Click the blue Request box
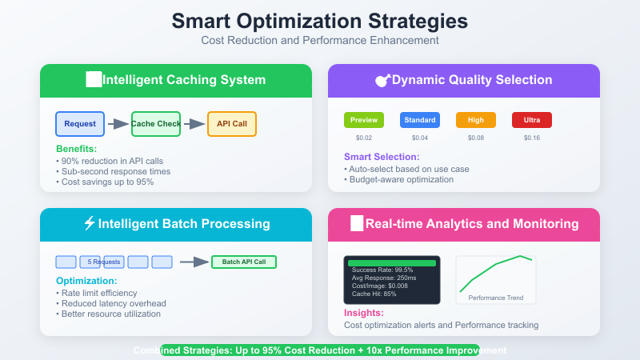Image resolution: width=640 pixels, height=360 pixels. [x=80, y=124]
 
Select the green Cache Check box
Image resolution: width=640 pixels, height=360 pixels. [x=156, y=124]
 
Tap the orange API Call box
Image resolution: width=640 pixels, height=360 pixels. [x=231, y=124]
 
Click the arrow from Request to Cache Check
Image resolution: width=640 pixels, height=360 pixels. [x=118, y=124]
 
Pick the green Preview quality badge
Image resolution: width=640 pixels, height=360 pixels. [x=364, y=120]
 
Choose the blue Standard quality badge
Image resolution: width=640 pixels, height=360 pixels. [x=420, y=120]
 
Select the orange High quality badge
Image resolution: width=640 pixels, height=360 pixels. [x=476, y=120]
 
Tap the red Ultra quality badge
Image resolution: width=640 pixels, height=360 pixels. [x=532, y=120]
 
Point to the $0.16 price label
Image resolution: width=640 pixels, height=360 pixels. [x=532, y=138]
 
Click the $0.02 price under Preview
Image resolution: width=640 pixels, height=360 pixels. [x=364, y=138]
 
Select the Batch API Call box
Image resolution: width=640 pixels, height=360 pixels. [x=244, y=262]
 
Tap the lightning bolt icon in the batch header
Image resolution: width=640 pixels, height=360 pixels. [x=89, y=224]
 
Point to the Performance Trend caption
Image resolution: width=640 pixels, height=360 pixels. [x=496, y=298]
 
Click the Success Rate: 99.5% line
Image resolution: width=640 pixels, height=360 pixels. [x=383, y=270]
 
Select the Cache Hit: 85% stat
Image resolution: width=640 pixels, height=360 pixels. [x=374, y=294]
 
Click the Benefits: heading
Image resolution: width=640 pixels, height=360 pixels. [x=76, y=150]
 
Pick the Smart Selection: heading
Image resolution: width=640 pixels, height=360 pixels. [x=382, y=157]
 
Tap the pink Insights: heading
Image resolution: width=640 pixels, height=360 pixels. [x=364, y=313]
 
